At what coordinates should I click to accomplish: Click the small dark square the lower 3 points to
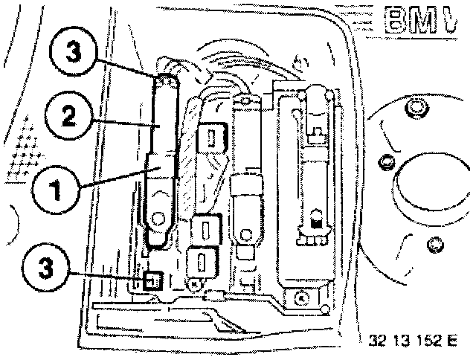[152, 281]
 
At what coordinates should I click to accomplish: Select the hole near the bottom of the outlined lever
[157, 218]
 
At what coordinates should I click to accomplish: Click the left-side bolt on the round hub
[385, 161]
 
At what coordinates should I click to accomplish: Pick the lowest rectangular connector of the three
[202, 261]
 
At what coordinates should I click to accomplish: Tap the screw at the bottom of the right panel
[300, 299]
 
